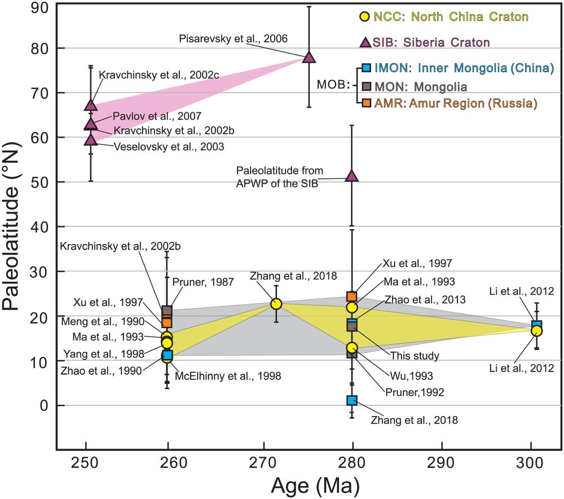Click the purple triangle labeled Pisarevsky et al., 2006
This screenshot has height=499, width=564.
pos(309,57)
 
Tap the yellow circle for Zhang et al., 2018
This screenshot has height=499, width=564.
pos(276,304)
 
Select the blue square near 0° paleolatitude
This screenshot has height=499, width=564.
pos(352,400)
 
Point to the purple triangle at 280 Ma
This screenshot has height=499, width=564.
pos(352,176)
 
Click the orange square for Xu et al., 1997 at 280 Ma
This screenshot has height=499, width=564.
pos(352,296)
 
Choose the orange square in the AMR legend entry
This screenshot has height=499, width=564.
pos(365,103)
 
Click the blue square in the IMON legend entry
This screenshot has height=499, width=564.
pos(365,68)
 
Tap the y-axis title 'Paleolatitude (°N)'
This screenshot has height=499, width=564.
pos(16,226)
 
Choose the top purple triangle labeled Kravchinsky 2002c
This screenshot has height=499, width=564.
pos(91,105)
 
